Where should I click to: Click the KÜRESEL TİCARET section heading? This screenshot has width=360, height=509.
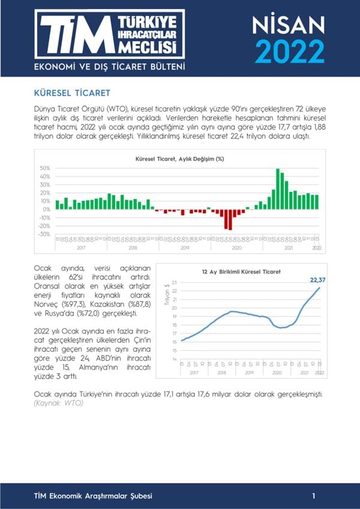click(71, 94)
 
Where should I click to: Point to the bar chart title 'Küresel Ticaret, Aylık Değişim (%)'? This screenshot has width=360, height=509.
click(179, 159)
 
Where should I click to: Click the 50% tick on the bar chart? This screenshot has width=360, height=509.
click(45, 168)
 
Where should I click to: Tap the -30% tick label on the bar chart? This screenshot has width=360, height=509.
click(44, 234)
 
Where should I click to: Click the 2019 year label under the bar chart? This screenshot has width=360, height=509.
click(184, 247)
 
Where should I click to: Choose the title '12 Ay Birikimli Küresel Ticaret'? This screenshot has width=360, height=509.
click(241, 272)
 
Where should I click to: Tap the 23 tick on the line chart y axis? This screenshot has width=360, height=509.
click(175, 282)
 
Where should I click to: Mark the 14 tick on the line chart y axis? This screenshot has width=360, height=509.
click(175, 359)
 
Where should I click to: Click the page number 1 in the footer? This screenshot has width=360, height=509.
click(314, 496)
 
